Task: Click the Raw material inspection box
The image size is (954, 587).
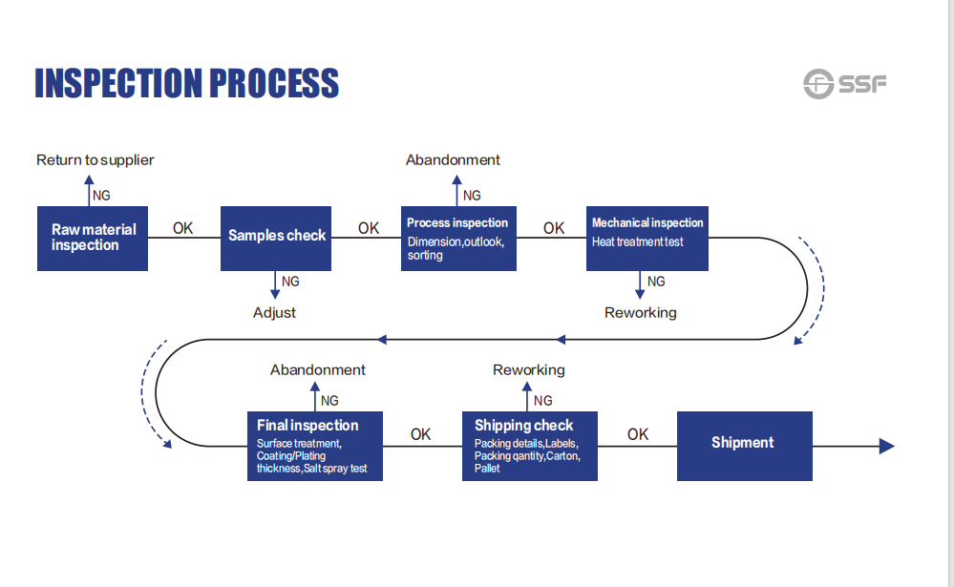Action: pos(93,239)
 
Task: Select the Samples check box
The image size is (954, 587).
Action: pos(276,239)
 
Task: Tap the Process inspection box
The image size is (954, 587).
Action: pos(458,239)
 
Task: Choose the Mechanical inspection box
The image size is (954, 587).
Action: pos(647,239)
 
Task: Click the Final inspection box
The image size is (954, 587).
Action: pos(315,446)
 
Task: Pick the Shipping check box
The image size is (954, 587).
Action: pos(530,446)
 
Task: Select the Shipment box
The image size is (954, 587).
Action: pos(745,446)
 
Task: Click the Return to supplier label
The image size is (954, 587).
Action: pos(95,160)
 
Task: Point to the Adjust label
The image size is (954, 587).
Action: pos(274,313)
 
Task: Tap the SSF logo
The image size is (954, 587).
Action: pos(844,83)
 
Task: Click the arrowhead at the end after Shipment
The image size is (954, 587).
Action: pos(886,446)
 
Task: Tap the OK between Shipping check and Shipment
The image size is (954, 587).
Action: pos(638,434)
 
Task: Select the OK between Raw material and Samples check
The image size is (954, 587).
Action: pos(182,228)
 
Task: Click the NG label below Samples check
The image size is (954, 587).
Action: pos(290,282)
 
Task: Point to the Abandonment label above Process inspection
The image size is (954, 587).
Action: pos(453,160)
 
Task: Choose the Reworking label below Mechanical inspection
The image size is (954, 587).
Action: pos(640,313)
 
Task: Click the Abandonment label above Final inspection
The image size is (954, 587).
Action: pos(318,369)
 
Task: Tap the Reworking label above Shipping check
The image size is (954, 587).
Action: pos(529,370)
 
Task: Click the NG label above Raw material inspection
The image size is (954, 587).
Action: pos(101,196)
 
